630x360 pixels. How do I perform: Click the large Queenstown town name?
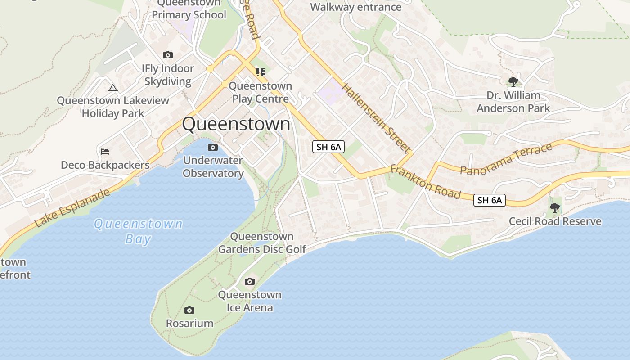[236, 124]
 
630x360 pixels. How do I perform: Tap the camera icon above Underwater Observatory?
[213, 147]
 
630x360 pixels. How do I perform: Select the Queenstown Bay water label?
[138, 231]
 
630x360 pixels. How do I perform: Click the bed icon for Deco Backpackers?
[105, 152]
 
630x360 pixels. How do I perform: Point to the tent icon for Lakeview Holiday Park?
[113, 88]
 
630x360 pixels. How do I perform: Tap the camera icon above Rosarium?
[189, 310]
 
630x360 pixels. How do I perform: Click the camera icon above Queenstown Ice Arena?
[249, 282]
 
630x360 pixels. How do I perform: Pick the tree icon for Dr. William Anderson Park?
[513, 82]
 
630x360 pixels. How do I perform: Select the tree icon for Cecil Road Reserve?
[555, 208]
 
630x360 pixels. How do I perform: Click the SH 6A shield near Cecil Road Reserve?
[490, 200]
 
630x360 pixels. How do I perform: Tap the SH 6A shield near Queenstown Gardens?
[328, 147]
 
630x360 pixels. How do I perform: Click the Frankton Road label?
[425, 182]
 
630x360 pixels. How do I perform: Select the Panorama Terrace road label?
[506, 159]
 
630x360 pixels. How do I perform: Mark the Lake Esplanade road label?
[72, 208]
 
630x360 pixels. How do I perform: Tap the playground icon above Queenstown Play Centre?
[261, 72]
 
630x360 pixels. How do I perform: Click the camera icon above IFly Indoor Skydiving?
[168, 55]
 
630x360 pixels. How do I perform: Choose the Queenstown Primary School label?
[189, 9]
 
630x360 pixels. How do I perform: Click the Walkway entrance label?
[355, 7]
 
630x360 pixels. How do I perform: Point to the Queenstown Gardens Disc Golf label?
[262, 243]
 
